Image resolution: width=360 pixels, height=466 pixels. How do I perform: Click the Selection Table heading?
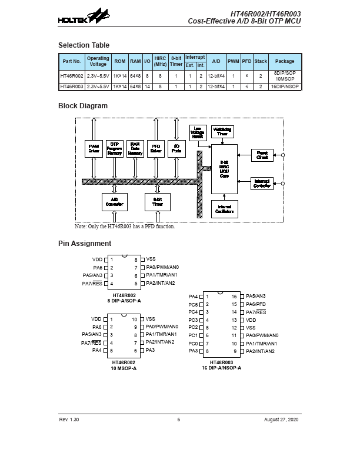pyautogui.click(x=84, y=45)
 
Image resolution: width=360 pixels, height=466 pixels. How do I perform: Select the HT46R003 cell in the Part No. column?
pyautogui.click(x=72, y=86)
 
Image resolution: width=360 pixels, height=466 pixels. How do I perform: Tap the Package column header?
pyautogui.click(x=285, y=61)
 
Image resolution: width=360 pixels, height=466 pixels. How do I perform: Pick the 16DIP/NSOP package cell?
pyautogui.click(x=285, y=86)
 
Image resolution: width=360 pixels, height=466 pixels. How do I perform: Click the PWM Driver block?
pyautogui.click(x=94, y=148)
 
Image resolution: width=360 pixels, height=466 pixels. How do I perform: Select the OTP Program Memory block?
pyautogui.click(x=115, y=148)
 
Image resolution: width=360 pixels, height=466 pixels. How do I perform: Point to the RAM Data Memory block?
pyautogui.click(x=135, y=148)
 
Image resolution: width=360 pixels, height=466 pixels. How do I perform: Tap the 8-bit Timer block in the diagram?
pyautogui.click(x=157, y=202)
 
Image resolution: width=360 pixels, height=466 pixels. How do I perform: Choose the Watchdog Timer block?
pyautogui.click(x=222, y=131)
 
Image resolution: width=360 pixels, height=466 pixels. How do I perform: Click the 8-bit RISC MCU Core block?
pyautogui.click(x=224, y=169)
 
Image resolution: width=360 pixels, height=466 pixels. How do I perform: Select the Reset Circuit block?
pyautogui.click(x=262, y=155)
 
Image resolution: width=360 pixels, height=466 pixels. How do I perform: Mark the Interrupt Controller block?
pyautogui.click(x=262, y=183)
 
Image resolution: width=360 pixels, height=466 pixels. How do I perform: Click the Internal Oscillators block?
pyautogui.click(x=224, y=209)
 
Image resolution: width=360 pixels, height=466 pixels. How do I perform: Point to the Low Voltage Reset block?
pyautogui.click(x=198, y=132)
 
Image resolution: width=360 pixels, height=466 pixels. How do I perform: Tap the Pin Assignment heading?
pyautogui.click(x=85, y=244)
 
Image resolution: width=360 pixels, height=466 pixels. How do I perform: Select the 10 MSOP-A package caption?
pyautogui.click(x=124, y=368)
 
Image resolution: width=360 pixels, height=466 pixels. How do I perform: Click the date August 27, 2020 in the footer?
pyautogui.click(x=283, y=420)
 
